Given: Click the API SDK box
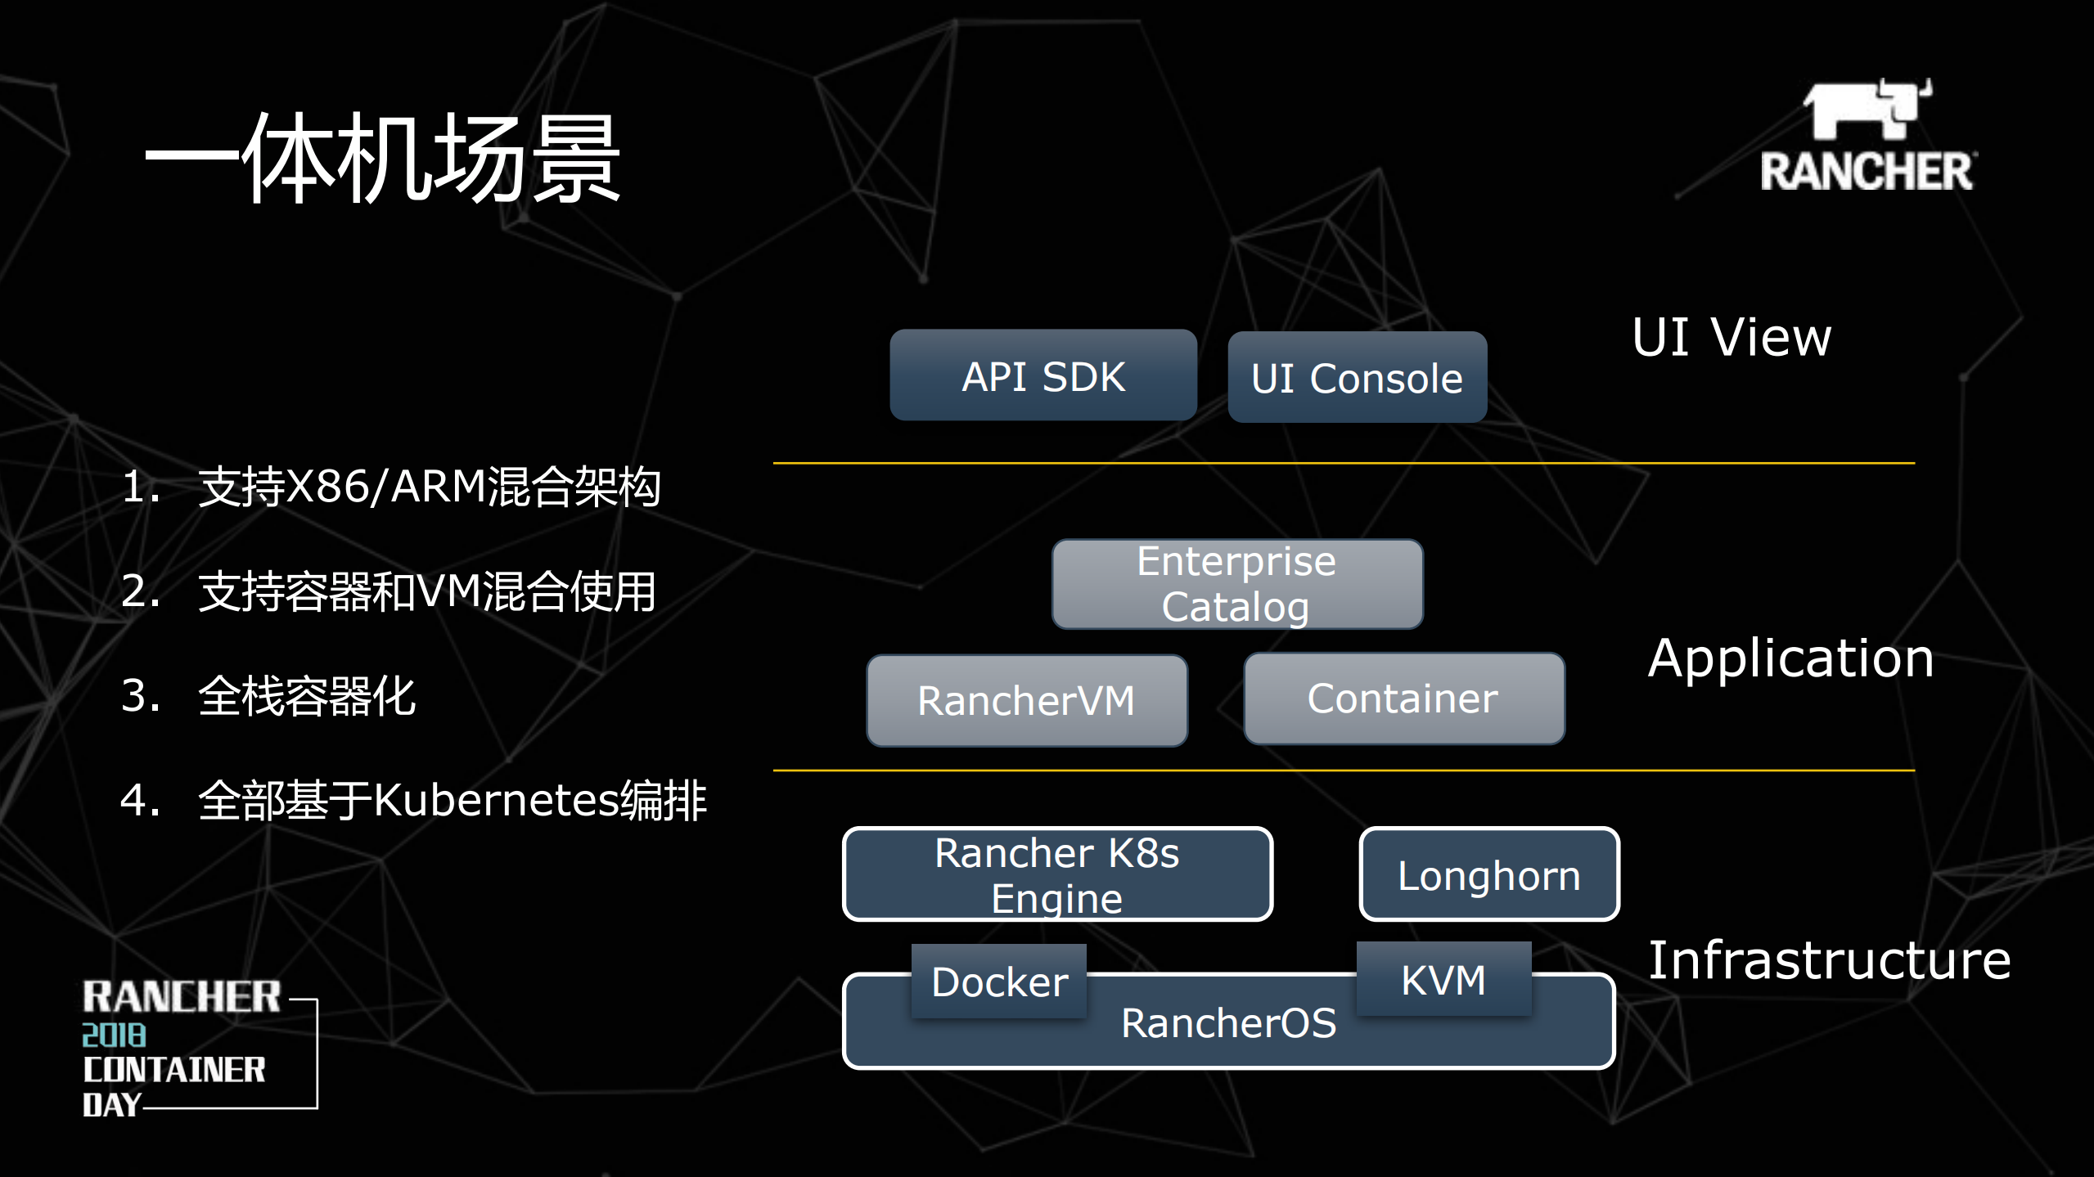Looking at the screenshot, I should [x=1043, y=375].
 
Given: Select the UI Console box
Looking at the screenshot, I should [x=1357, y=377].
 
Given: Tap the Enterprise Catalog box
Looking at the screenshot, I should [x=1236, y=584].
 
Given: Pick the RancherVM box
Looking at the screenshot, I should [x=1026, y=701].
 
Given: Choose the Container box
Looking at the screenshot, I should [x=1403, y=699].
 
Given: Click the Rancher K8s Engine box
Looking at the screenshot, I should [x=1057, y=874].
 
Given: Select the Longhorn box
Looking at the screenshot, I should [x=1488, y=874].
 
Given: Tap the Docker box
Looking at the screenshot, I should [x=999, y=981].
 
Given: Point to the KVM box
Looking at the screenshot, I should [x=1443, y=979].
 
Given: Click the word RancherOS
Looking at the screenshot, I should [x=1228, y=1023].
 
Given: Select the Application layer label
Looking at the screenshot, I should [x=1790, y=658].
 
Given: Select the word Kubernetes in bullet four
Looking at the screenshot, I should [x=496, y=800].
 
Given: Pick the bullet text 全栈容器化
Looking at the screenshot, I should [x=308, y=696].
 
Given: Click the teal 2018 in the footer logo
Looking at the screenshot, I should [x=114, y=1035].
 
